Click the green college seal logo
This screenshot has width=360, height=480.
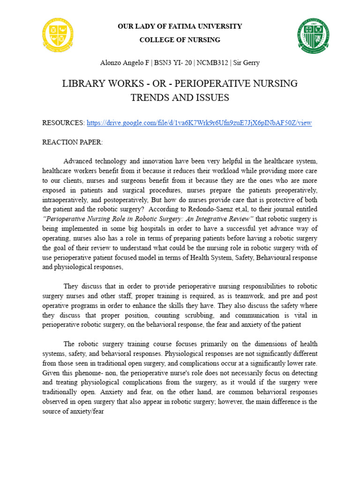click(315, 36)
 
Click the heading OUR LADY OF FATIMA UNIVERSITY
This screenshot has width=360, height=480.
click(180, 26)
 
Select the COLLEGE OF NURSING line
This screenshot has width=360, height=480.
click(180, 40)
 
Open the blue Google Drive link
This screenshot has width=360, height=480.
click(199, 123)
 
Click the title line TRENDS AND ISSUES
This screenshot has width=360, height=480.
click(180, 97)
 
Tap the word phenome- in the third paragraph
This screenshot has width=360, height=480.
click(81, 373)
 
